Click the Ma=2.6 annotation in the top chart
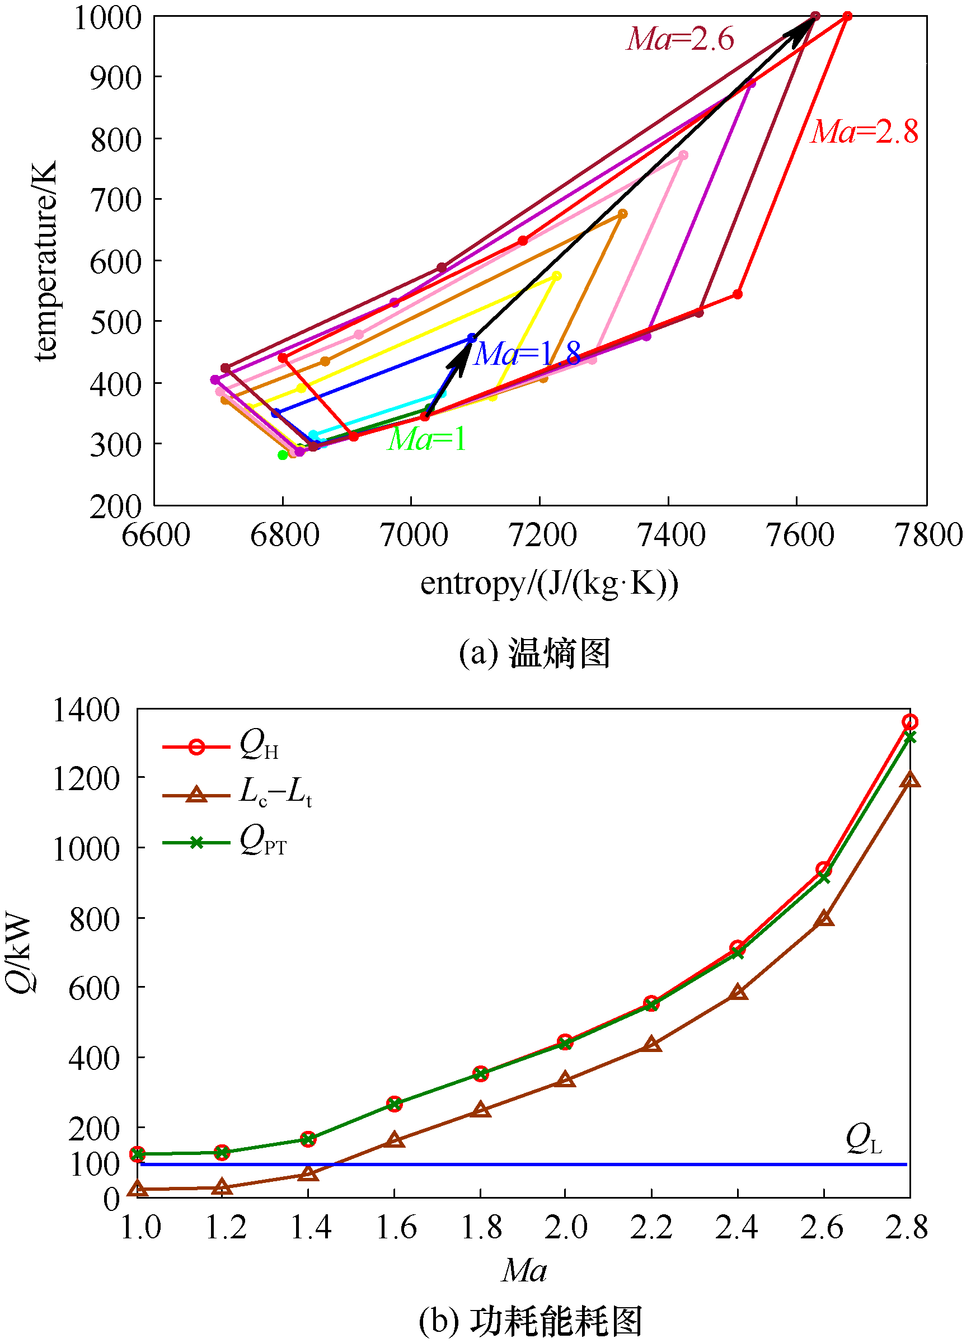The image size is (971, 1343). pos(681,40)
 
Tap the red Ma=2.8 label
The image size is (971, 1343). pos(864,132)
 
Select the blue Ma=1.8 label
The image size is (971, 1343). pos(528,354)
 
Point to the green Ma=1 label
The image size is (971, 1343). pos(427,439)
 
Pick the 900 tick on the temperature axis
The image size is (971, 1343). pos(116,78)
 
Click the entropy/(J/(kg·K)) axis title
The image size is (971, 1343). pos(549,584)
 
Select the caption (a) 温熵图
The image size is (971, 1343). pos(534,653)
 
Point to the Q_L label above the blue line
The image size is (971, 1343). pos(864,1139)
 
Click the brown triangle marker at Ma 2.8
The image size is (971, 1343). pos(910,780)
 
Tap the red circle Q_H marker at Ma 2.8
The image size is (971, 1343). pos(910,722)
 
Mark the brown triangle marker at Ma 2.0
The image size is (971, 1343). pos(565,1079)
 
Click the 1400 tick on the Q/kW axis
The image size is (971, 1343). pos(86,711)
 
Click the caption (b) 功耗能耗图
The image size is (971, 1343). pos(531,1322)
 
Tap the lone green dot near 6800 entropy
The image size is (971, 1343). pos(283,455)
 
